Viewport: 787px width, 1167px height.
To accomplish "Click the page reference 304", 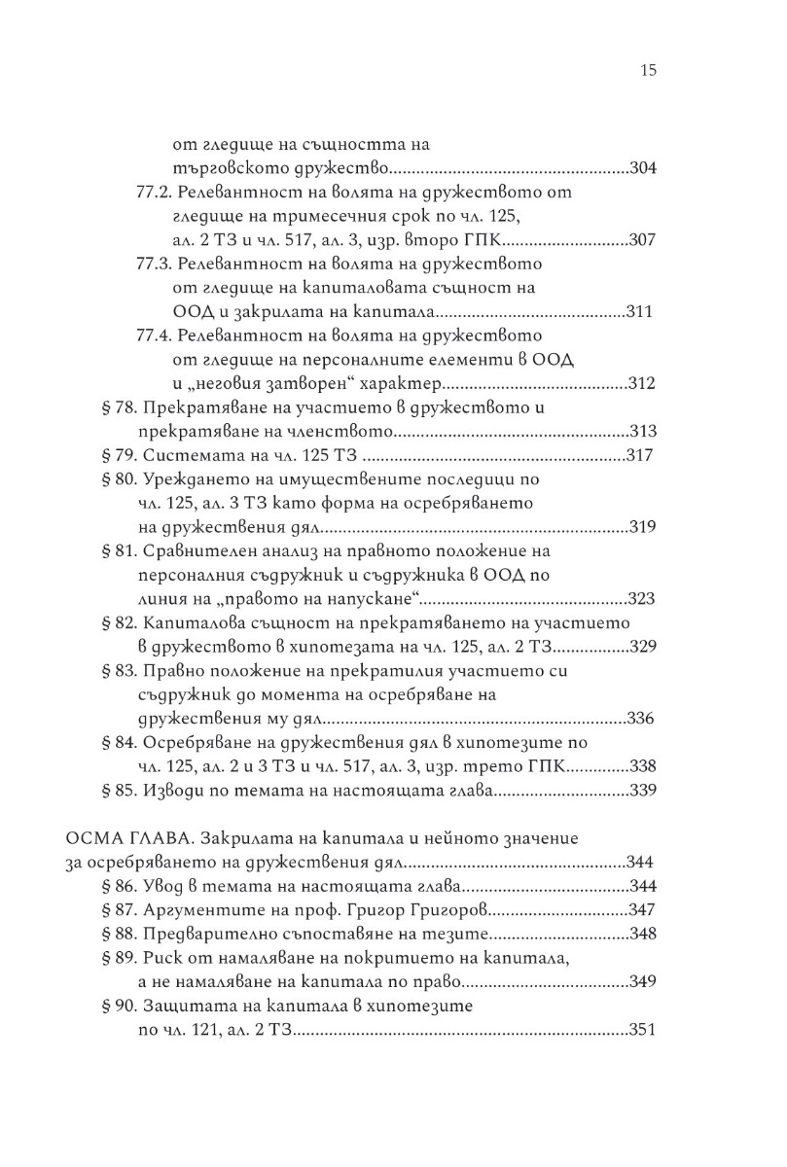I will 644,167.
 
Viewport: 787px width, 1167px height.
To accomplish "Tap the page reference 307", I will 644,240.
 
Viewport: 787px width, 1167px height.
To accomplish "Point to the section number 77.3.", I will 152,264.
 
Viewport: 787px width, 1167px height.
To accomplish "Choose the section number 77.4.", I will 152,336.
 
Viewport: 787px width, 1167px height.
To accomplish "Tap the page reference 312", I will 644,384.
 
